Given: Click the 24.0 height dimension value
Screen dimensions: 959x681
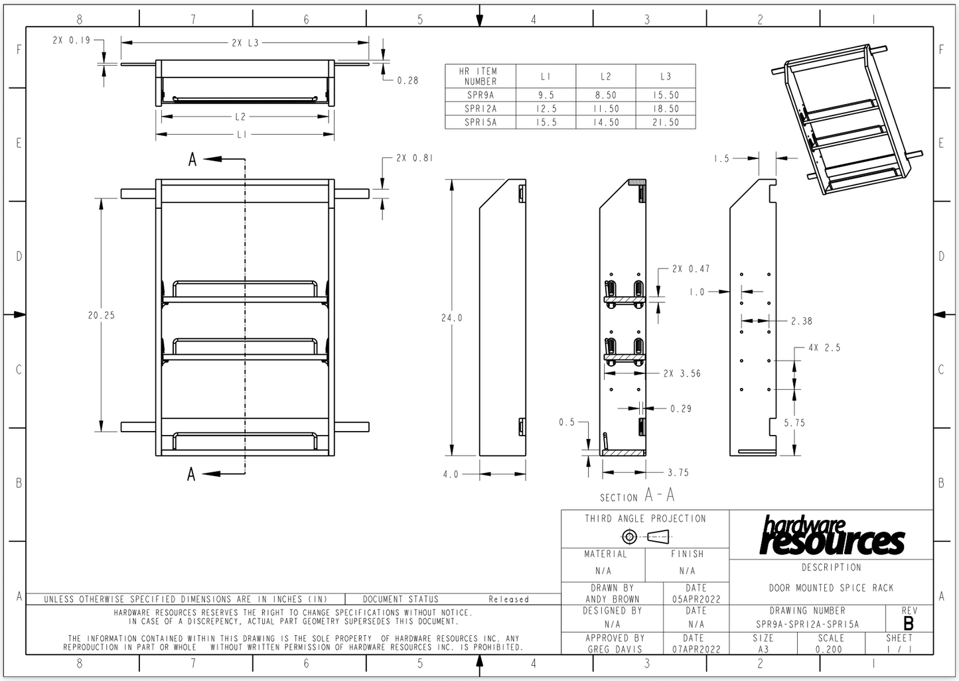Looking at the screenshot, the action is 452,318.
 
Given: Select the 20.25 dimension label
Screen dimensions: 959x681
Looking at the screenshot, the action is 102,315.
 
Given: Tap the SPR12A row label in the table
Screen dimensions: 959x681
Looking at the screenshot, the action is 480,109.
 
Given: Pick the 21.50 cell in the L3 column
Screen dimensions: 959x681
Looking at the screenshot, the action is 666,122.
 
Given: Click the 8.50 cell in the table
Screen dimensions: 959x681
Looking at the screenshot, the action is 606,95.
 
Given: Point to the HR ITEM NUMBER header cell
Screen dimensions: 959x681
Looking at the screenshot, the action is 480,76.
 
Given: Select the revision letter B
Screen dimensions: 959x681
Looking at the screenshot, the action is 908,624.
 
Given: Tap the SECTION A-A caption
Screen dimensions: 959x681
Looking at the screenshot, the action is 637,495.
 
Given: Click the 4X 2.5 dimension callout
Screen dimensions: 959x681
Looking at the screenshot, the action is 824,347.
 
